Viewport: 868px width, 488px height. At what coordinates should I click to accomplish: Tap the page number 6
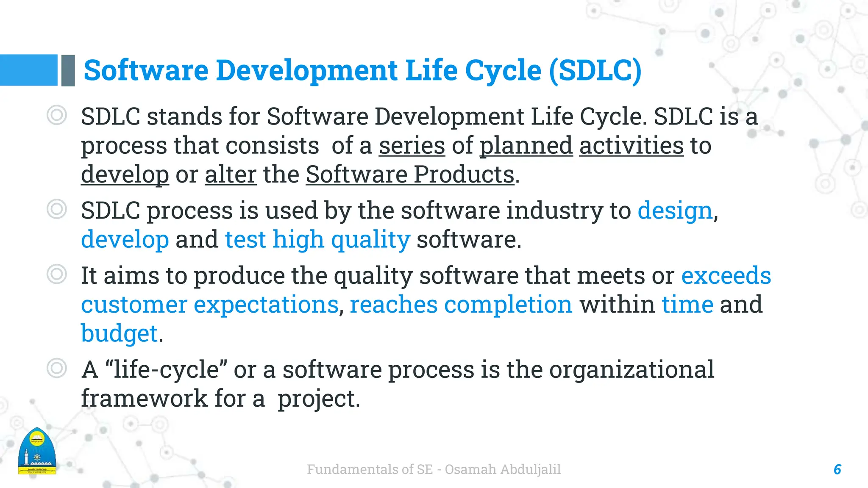[837, 469]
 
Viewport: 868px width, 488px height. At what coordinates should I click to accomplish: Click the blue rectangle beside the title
[28, 70]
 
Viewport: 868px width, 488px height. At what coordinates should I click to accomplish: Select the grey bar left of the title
[68, 70]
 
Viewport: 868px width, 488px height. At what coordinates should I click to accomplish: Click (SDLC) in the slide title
[595, 70]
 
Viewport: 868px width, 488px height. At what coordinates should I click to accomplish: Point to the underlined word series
[412, 146]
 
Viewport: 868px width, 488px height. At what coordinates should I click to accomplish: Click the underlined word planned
[526, 146]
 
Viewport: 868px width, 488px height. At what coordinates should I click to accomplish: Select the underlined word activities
[631, 146]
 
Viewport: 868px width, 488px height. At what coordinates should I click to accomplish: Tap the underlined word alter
[231, 175]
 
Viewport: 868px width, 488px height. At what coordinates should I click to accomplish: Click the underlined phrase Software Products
[410, 175]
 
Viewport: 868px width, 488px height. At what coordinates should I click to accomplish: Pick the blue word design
[675, 211]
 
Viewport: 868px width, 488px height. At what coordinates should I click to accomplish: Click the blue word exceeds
[726, 276]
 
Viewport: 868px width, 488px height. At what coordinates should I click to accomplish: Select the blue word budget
[119, 333]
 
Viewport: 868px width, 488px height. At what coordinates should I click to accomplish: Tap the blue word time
[687, 305]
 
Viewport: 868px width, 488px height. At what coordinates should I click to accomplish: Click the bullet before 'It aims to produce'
[57, 274]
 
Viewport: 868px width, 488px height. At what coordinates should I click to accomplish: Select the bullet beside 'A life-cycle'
[57, 368]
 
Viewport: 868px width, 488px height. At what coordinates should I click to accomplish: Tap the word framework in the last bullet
[144, 399]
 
